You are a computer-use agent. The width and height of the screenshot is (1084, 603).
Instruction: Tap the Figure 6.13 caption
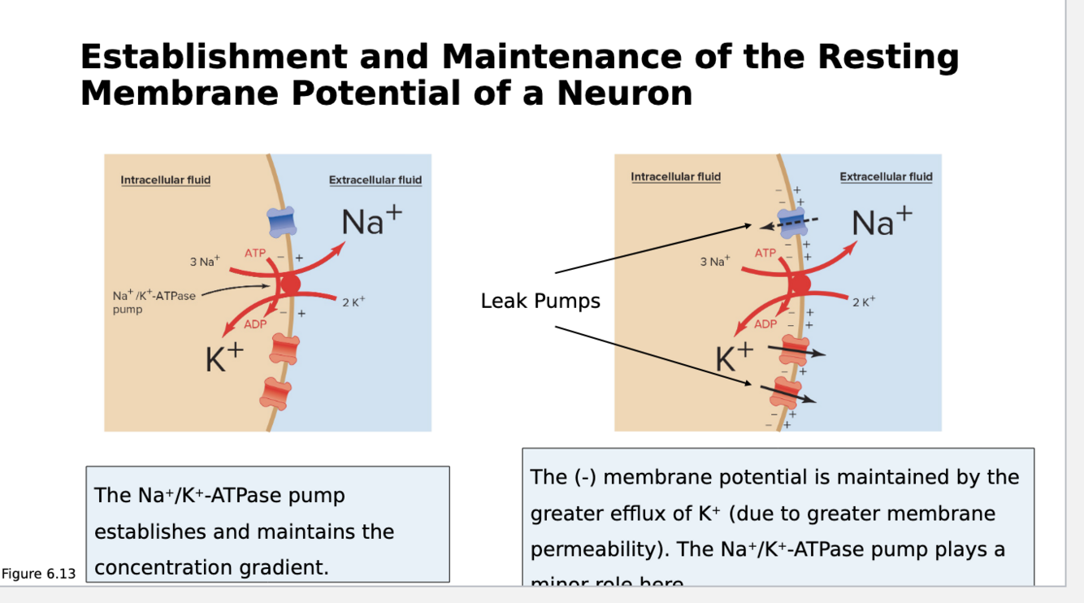coord(38,574)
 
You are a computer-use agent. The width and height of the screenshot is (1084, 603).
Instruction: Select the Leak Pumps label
coord(540,301)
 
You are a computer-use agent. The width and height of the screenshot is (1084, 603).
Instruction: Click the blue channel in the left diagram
coord(281,221)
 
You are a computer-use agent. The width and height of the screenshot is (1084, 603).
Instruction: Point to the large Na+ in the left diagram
coord(371,219)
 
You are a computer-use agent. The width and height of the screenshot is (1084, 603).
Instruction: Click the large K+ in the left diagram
coord(224,357)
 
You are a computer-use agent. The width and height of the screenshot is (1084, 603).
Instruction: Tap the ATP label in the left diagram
coord(255,254)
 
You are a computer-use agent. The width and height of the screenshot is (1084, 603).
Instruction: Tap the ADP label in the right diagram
coord(765,323)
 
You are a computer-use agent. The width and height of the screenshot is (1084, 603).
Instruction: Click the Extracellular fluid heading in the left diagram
coord(375,180)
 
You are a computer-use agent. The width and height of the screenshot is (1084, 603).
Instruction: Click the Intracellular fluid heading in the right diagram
coord(675,176)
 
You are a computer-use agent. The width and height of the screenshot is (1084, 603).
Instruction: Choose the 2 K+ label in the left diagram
coord(353,302)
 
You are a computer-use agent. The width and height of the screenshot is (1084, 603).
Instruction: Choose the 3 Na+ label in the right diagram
coord(715,262)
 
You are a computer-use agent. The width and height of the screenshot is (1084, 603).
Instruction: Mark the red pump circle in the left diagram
coord(289,284)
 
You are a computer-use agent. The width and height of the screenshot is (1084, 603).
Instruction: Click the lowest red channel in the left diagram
coord(276,393)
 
